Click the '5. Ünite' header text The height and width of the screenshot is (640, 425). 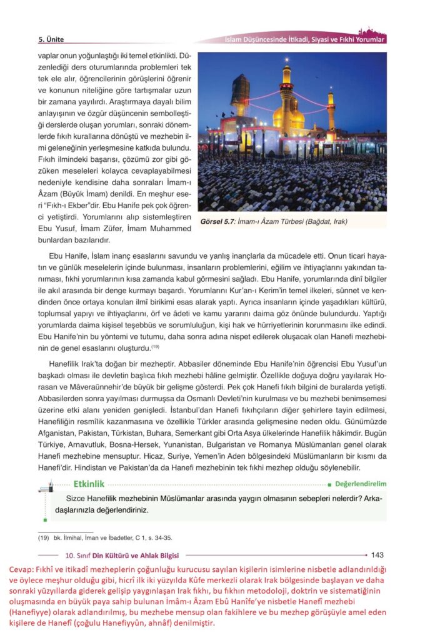[51, 39]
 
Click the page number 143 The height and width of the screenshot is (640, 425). [377, 554]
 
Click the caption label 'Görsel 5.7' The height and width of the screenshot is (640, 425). [219, 221]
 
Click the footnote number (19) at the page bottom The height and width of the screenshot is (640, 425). [43, 537]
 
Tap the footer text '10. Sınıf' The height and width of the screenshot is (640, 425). [79, 555]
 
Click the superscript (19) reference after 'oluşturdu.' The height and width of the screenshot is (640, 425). [156, 347]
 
